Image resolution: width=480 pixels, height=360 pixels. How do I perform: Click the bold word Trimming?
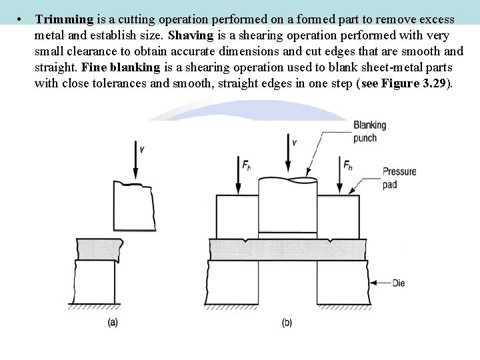point(64,19)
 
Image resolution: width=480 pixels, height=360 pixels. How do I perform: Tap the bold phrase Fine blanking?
point(121,67)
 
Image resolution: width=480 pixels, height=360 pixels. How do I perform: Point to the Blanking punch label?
point(369,131)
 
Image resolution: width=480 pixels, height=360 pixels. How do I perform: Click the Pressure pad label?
point(399,177)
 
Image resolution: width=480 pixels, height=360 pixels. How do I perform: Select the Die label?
point(398,283)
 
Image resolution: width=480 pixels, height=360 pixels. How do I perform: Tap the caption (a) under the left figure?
point(113,322)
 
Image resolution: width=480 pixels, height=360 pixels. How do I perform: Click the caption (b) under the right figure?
point(287,323)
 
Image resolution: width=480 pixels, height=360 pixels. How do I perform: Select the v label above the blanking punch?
point(294,141)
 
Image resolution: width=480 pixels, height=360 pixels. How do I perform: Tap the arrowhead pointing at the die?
point(374,283)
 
